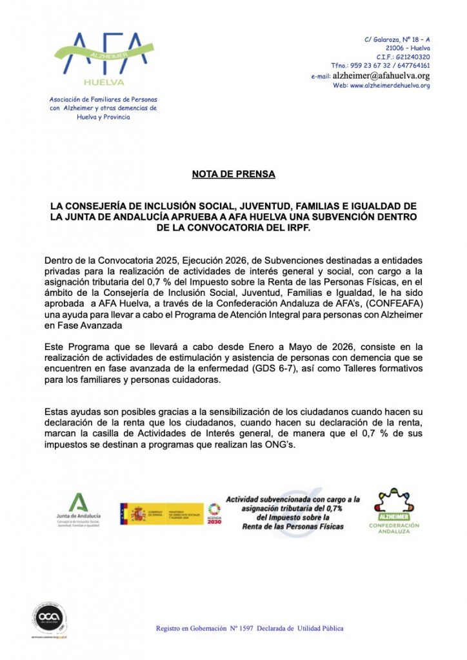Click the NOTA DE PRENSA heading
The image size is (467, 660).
(x=233, y=174)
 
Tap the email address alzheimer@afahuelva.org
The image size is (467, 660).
(x=381, y=75)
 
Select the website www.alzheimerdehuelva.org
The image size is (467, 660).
(x=390, y=86)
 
